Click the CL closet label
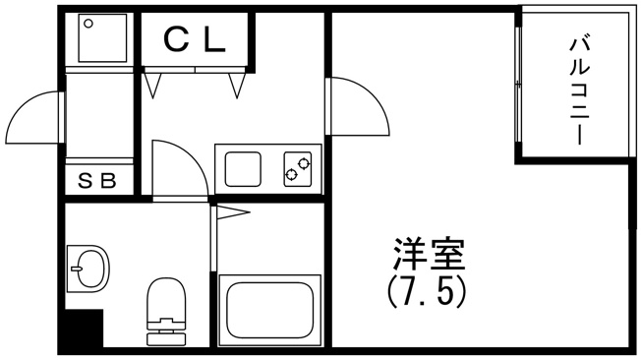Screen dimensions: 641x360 (195, 40)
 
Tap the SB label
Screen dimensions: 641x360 (97, 180)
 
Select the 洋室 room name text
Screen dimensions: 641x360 (429, 253)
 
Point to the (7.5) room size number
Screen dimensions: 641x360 (426, 293)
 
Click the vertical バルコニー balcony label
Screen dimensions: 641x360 (580, 90)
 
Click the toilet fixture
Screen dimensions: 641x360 (166, 312)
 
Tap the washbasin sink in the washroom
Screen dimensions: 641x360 (87, 269)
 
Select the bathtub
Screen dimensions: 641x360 (269, 310)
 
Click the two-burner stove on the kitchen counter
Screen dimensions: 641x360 (298, 169)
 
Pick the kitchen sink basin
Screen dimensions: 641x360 (243, 169)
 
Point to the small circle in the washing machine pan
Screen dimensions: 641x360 (88, 24)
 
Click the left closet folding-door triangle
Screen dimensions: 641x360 (152, 86)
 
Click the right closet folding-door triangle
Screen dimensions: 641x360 (237, 86)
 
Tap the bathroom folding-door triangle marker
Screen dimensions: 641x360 (233, 212)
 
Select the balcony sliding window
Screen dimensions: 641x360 (518, 86)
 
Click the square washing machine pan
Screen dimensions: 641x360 (102, 37)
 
